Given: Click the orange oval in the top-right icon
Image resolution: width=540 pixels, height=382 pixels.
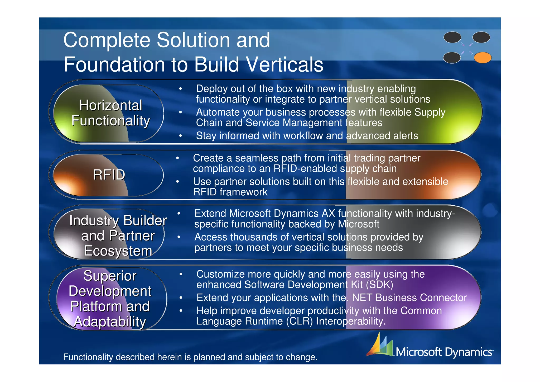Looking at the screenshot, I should pos(483,58).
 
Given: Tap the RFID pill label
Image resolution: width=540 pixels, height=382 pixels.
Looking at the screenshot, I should pos(109,175).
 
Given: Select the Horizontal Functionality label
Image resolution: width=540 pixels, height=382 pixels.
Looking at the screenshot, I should pos(110,113).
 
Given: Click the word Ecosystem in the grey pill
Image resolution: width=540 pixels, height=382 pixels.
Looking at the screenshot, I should pos(118,251).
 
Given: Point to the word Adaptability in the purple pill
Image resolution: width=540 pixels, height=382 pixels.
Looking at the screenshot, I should pos(110,322).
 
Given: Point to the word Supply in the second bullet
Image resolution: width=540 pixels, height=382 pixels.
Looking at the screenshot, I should pos(430,112).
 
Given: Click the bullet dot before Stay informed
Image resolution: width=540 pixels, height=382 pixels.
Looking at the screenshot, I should pos(181,136).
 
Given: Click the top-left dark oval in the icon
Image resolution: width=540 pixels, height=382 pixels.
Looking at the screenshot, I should pos(452,37).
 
